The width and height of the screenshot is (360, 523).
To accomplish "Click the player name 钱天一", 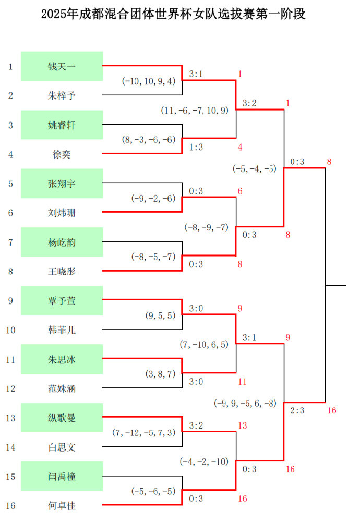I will coord(62,66).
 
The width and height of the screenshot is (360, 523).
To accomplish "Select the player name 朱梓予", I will coord(62,95).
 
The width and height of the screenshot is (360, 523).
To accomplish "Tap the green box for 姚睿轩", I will coord(62,125).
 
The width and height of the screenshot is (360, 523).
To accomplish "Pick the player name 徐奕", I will coord(62,154).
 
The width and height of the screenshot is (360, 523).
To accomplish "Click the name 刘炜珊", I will coord(62,213).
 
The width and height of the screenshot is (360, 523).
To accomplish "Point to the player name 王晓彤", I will coord(62,271).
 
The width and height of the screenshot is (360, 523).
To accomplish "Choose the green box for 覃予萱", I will coord(62,300).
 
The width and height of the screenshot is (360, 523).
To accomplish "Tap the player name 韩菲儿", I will coord(62,330).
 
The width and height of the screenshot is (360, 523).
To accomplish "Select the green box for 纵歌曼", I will coord(62,418).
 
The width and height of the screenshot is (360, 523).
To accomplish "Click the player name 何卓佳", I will coord(62,505).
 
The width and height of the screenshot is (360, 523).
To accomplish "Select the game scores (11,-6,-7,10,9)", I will coord(195,111).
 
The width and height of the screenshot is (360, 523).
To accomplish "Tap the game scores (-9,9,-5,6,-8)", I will coord(245,403).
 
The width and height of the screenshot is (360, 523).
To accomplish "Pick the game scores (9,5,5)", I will coord(160,315).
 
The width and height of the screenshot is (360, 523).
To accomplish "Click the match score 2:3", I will coord(297,411).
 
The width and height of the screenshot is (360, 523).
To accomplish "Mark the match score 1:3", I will coord(196,148).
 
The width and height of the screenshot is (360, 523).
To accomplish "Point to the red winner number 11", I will coord(242,382).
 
